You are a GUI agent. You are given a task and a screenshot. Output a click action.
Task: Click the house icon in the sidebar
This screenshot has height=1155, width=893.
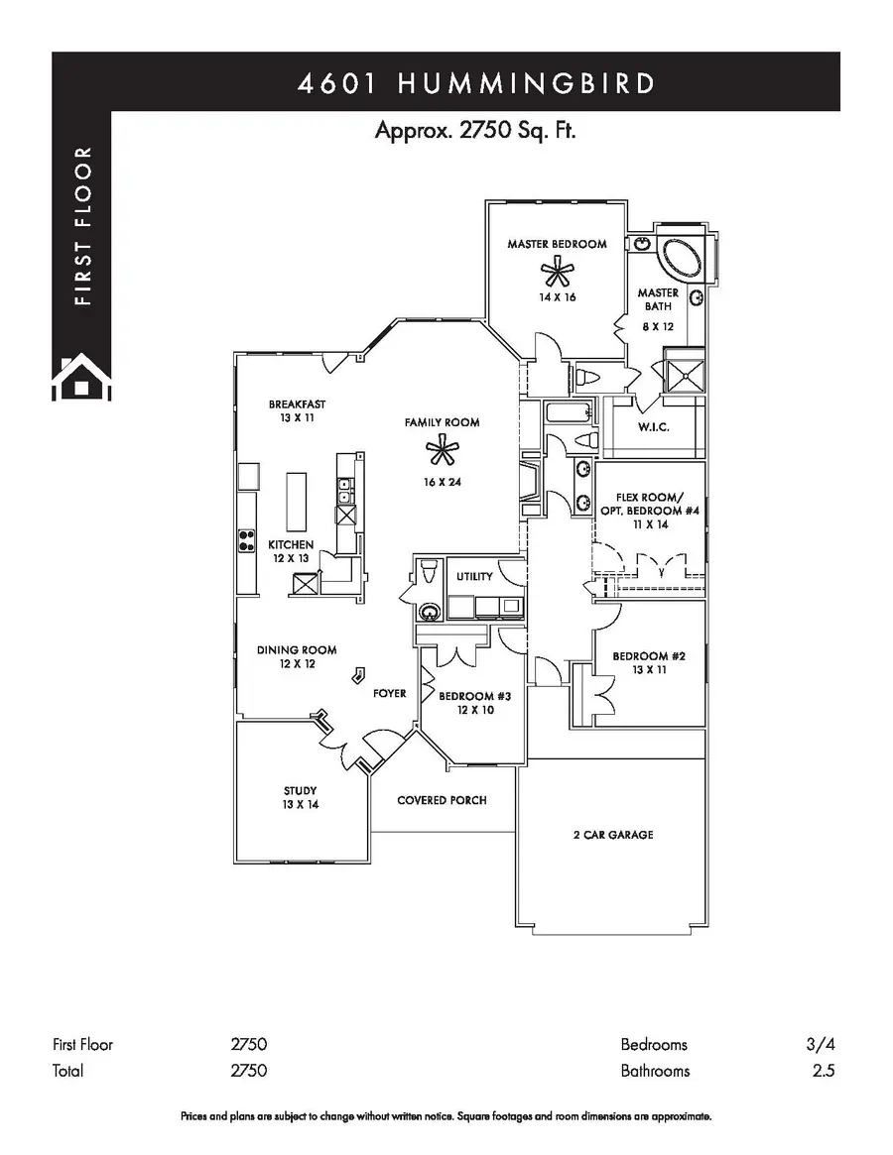(x=81, y=377)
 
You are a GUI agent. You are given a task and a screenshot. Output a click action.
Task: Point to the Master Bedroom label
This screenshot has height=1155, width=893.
(x=557, y=244)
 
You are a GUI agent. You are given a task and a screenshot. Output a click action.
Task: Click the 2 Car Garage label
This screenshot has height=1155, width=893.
(x=612, y=835)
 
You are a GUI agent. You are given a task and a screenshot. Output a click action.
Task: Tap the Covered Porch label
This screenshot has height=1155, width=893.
(x=442, y=800)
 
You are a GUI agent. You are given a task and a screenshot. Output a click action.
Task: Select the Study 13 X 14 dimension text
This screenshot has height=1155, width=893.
(x=300, y=805)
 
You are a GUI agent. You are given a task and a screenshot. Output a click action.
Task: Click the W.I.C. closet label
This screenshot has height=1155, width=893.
(x=655, y=427)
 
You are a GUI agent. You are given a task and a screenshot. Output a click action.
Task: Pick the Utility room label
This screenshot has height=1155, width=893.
(x=474, y=577)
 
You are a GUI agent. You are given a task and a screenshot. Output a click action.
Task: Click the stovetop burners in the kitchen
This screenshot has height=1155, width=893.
(x=245, y=540)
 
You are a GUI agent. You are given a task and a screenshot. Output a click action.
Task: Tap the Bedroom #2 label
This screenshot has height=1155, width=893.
(x=650, y=656)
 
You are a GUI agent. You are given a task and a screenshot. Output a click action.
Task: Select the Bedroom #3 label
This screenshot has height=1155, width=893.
(x=474, y=697)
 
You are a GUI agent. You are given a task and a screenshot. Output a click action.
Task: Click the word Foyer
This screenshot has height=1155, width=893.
(x=389, y=693)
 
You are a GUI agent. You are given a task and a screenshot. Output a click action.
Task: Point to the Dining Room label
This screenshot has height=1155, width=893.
(x=297, y=650)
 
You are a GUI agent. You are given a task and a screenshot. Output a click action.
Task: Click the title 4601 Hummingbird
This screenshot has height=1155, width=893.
(x=476, y=83)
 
